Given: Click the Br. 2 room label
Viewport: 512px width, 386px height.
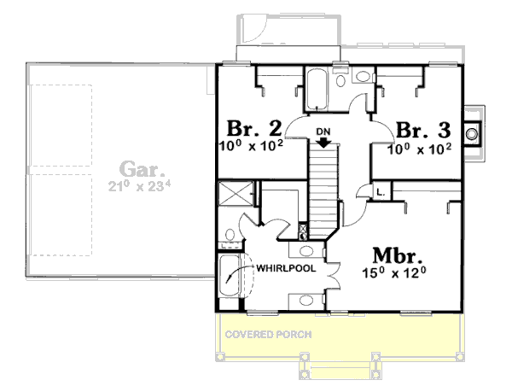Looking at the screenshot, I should point(254,128).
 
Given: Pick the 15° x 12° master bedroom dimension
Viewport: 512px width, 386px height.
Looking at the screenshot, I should point(393,274).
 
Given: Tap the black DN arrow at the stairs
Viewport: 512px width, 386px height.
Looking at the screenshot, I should point(323,142).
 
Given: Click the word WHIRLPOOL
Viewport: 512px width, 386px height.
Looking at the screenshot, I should point(286,268).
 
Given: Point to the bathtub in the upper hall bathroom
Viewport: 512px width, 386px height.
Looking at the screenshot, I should point(316,87).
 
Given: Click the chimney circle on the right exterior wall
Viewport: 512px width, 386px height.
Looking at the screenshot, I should point(472,132).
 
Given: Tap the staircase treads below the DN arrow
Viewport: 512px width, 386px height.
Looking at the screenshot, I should point(323,188).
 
